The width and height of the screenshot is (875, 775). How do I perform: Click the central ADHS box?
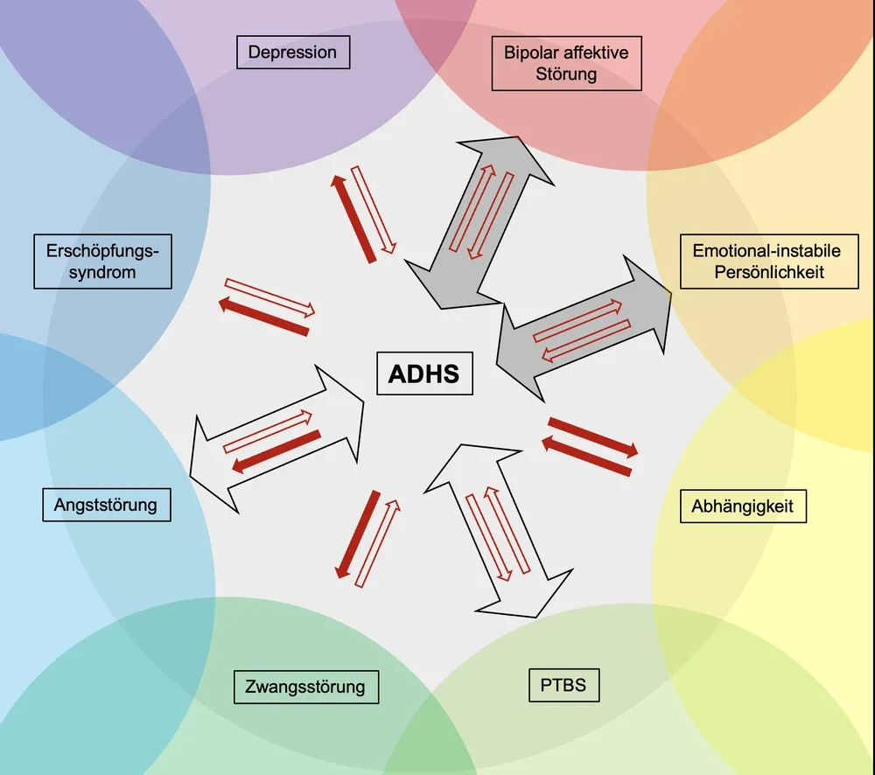pos(424,374)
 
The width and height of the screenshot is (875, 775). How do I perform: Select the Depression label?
pos(293,52)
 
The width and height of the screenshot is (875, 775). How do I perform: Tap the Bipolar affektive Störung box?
pos(566,63)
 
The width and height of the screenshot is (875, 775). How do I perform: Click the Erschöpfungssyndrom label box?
pos(102,262)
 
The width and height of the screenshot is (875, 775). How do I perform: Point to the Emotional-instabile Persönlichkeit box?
pos(769,262)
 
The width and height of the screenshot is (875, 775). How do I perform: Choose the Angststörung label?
pos(107,505)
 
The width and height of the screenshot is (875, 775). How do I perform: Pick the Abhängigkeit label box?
pos(743,506)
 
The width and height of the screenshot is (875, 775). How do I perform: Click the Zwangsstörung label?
pos(305,687)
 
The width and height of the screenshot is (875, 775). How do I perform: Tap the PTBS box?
pos(563,685)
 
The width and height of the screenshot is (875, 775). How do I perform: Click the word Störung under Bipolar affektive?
pos(566,74)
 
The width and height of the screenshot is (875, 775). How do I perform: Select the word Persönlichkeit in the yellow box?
pos(769,272)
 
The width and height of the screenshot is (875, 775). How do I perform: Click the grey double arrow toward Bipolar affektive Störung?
pos(479,223)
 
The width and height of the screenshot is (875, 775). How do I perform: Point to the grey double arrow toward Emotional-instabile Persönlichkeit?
pos(583,329)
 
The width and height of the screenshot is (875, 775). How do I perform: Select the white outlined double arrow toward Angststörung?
pos(276,438)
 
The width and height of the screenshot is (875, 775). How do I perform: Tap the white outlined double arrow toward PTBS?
pos(499,531)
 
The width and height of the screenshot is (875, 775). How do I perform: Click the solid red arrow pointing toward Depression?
pos(353,218)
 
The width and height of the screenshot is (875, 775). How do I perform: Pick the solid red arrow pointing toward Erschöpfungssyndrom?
pos(263,317)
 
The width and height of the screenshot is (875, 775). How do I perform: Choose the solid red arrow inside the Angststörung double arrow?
pos(276,451)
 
